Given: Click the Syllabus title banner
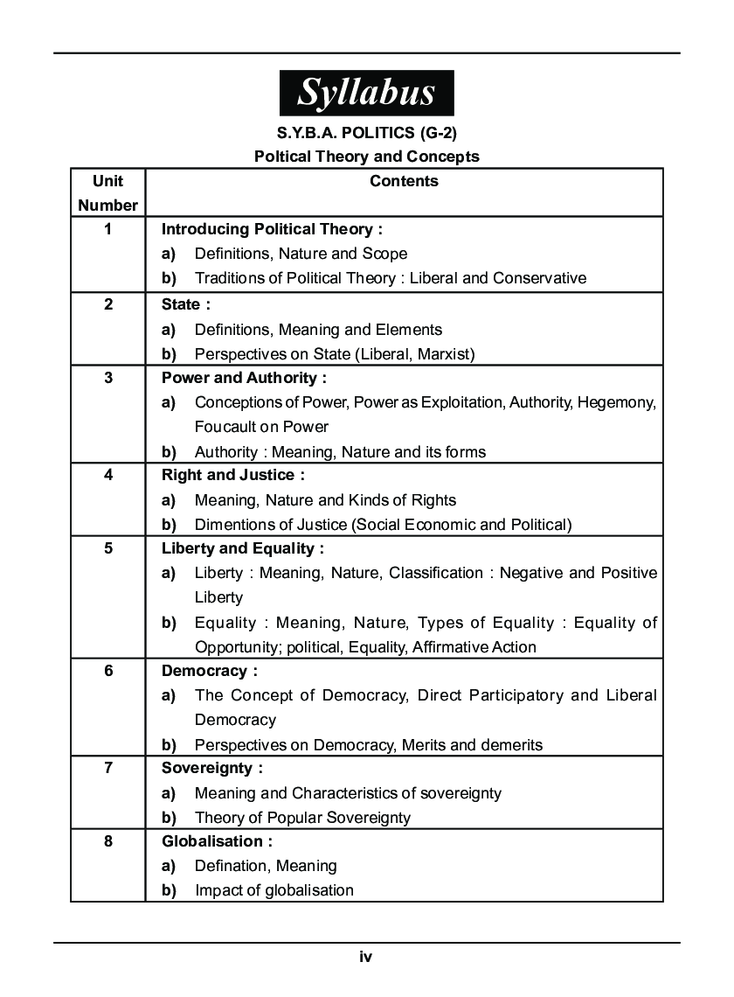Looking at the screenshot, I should tap(366, 93).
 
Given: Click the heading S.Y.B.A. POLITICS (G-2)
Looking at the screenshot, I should tap(366, 133).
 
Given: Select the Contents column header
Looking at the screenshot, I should tap(404, 182).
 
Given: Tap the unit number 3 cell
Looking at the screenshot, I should tap(107, 379).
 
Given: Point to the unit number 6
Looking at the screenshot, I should tap(107, 672).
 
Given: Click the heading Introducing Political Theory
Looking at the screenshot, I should tap(272, 229).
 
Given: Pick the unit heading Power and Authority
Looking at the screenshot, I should tap(244, 379).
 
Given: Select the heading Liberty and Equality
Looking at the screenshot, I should tap(242, 549).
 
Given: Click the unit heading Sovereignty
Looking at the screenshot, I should tap(212, 769).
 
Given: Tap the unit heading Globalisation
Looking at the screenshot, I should tap(217, 841).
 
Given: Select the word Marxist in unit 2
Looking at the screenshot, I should tap(443, 354).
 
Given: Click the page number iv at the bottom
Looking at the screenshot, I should tap(366, 957).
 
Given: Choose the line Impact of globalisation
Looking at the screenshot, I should tap(274, 890).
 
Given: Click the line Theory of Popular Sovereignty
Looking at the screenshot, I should tap(302, 818).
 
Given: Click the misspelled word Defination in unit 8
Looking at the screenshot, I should tap(230, 866).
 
